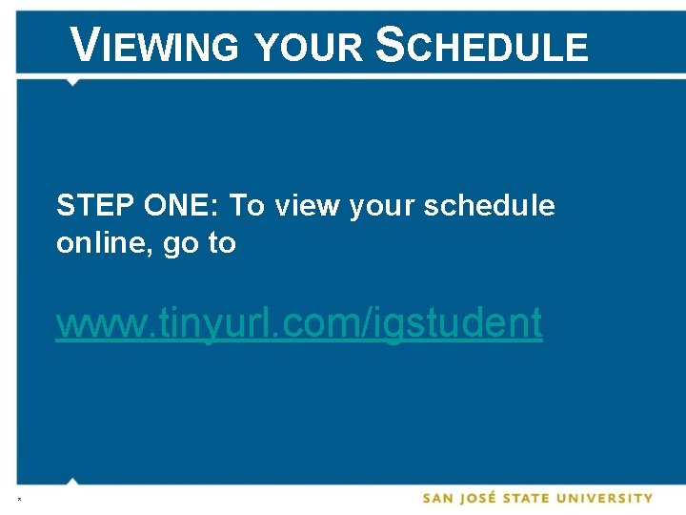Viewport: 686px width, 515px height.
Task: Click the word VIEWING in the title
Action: coord(156,45)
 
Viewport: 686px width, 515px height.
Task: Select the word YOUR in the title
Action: coord(309,46)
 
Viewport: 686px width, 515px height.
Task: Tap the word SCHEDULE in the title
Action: coord(483,45)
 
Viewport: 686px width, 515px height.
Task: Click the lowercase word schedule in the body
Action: coord(489,205)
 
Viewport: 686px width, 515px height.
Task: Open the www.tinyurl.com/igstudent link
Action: coord(299,323)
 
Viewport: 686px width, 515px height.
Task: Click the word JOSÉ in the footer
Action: coord(488,498)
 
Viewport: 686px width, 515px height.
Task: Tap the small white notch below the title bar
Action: coord(72,81)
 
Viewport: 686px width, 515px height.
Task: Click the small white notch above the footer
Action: coord(72,481)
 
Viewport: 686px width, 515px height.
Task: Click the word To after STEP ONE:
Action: coord(247,205)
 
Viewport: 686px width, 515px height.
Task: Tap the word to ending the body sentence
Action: coord(221,244)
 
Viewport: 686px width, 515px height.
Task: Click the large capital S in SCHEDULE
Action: coord(391,45)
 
